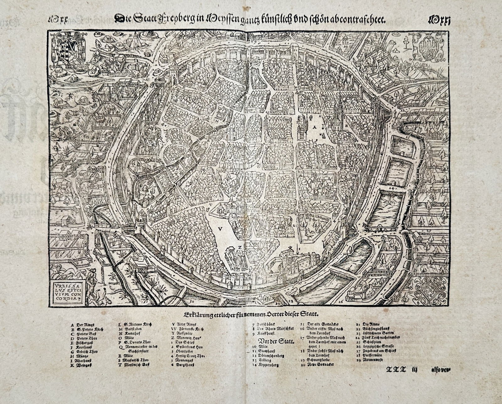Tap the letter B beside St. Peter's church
(346, 126)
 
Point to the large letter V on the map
(221, 229)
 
